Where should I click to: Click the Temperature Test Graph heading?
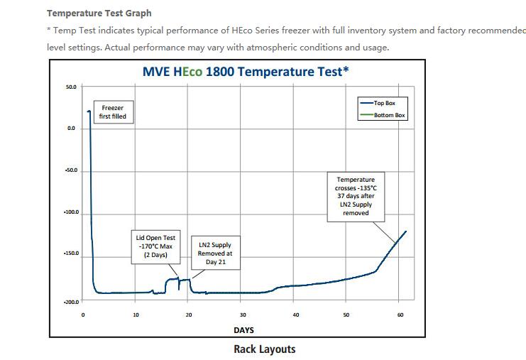(99, 13)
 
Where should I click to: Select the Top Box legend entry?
(384, 103)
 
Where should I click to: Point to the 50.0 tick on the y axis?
(71, 87)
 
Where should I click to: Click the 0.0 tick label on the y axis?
(71, 129)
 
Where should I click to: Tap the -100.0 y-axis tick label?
(70, 213)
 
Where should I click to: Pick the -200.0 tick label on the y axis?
(70, 301)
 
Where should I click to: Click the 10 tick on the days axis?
(136, 315)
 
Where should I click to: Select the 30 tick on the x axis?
(243, 315)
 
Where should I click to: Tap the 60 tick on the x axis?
(400, 315)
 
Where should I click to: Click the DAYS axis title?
(243, 330)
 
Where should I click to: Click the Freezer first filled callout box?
(113, 111)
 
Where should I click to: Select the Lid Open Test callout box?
(155, 246)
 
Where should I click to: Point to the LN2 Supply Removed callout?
(215, 253)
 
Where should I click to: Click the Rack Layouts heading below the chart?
(264, 349)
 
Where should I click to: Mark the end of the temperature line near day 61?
(406, 231)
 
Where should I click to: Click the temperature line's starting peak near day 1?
(89, 111)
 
